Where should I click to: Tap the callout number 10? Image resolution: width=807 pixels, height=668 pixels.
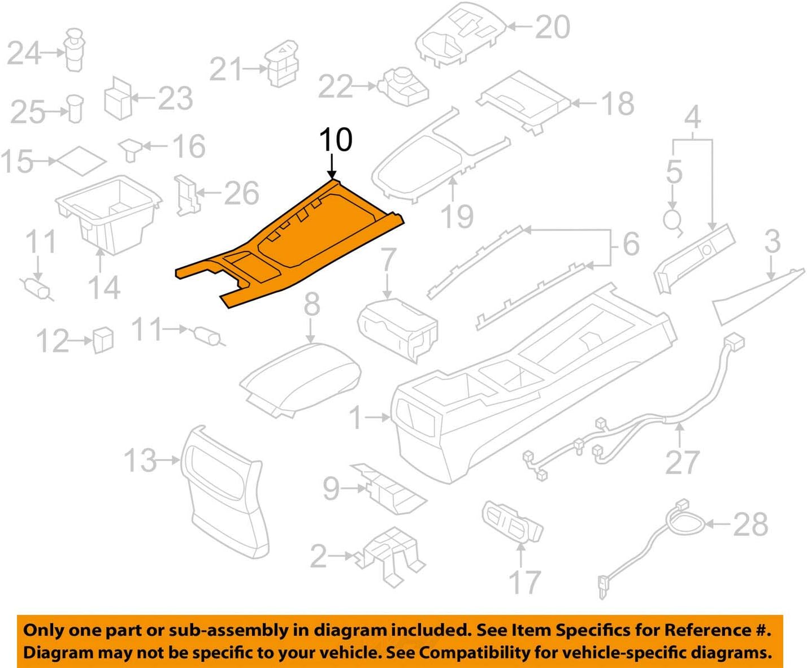coord(336,140)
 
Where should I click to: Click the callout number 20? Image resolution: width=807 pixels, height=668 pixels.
coord(552,27)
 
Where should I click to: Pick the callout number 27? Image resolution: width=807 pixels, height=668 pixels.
coord(682,463)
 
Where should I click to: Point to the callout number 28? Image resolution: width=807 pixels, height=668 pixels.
coord(750,524)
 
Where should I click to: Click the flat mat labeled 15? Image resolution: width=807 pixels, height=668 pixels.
coord(81,162)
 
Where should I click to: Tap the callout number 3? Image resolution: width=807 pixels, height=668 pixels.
coord(772,241)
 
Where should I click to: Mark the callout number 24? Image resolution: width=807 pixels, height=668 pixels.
coord(24,54)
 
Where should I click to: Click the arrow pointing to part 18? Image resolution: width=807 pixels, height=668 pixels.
coord(585,103)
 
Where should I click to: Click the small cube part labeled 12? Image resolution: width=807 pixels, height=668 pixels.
coord(103,339)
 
